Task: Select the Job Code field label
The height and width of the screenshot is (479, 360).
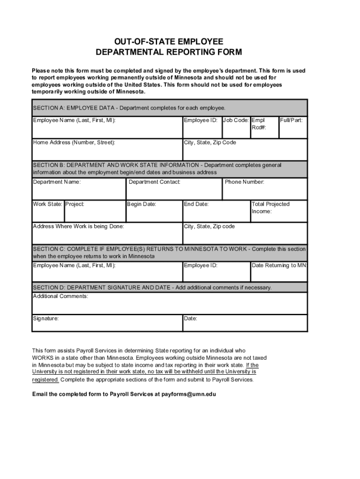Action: [x=236, y=120]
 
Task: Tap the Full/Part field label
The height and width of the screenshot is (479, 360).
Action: [x=291, y=120]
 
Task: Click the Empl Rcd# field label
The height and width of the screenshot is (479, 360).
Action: [x=259, y=123]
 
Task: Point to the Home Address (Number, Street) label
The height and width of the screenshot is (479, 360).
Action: [x=74, y=142]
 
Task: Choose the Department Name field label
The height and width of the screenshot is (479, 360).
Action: [x=57, y=182]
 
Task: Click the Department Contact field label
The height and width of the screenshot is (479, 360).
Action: [x=154, y=182]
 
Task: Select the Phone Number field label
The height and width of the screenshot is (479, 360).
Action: [x=245, y=182]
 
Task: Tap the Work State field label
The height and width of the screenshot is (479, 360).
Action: [x=47, y=204]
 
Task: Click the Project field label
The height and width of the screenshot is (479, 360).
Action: [x=75, y=204]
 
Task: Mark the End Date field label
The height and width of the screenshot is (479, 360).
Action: [x=196, y=204]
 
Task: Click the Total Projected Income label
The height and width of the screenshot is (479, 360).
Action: [x=270, y=208]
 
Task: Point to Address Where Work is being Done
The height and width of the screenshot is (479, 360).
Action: [x=79, y=226]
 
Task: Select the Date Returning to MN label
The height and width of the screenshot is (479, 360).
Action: [x=279, y=265]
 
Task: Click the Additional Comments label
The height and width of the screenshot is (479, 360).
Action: [x=60, y=296]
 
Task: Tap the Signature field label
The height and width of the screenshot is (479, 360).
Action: [x=46, y=319]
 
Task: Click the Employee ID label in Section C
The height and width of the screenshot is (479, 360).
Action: [x=201, y=265]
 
